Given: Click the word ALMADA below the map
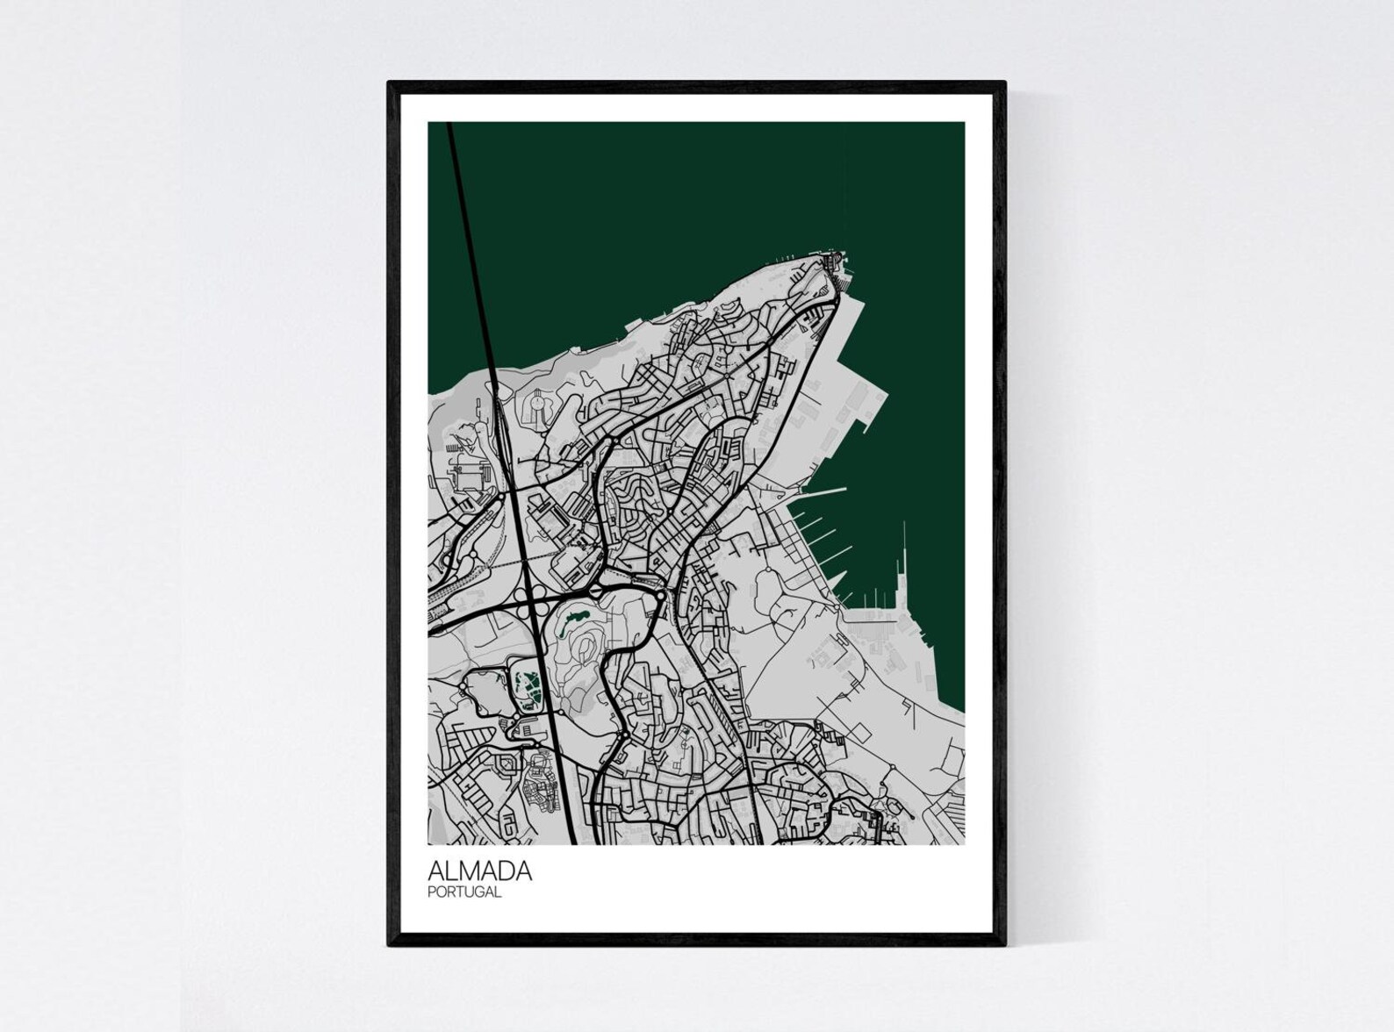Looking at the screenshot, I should pos(479,871).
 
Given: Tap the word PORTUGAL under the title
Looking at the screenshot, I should pos(464,892).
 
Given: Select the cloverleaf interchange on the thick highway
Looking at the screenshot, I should pos(532,606).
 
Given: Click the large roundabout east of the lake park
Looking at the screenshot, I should pos(658,598).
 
